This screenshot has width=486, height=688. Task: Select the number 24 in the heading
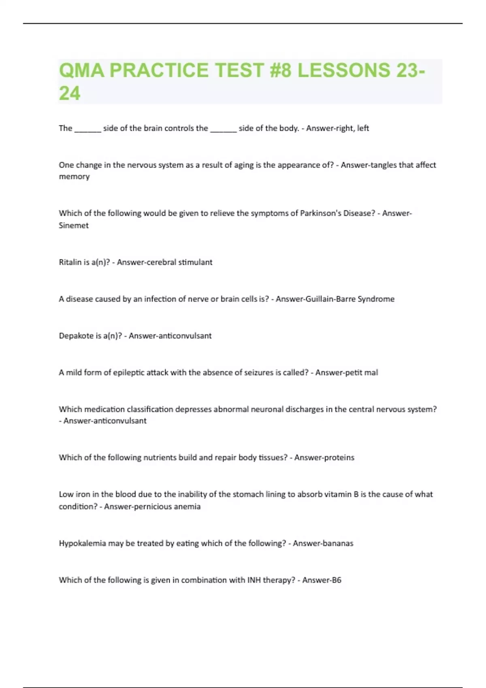coord(70,93)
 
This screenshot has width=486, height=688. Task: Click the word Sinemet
coord(74,225)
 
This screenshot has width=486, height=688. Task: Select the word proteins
coord(339,458)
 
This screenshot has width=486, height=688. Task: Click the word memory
coord(74,177)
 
